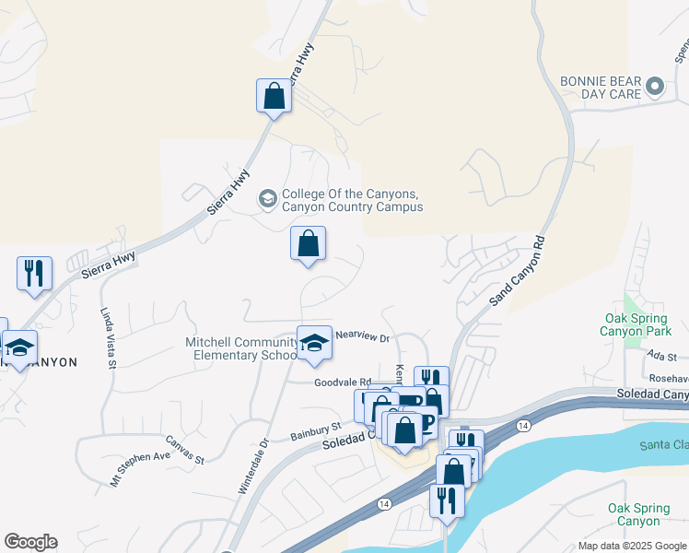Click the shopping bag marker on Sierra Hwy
click(x=274, y=96)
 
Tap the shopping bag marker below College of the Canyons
click(x=309, y=244)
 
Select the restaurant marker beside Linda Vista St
click(x=34, y=274)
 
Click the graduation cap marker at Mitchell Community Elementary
click(x=314, y=344)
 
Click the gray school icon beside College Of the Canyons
click(x=267, y=198)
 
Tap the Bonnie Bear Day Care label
click(x=601, y=88)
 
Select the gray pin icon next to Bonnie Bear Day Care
click(x=655, y=88)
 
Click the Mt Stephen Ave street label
click(x=140, y=467)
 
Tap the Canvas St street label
click(x=184, y=449)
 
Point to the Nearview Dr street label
click(x=362, y=337)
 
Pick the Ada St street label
click(x=661, y=356)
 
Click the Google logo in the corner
click(x=30, y=542)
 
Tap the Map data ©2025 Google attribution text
click(x=632, y=546)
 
